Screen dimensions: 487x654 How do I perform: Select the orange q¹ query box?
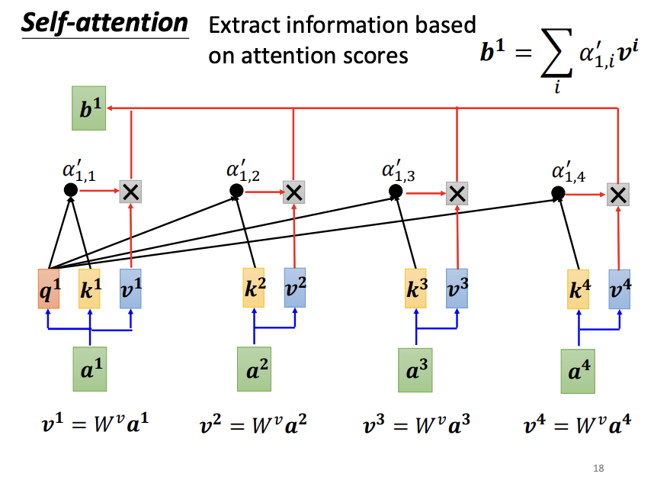[x=49, y=289]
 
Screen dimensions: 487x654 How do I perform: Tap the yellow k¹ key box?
[x=90, y=289]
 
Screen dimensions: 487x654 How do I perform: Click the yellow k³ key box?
[x=416, y=289]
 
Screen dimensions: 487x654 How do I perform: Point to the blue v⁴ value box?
[x=619, y=289]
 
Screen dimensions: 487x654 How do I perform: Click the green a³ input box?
[x=416, y=370]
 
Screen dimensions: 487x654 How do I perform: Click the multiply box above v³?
[x=457, y=193]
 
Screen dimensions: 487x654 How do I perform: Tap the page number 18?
[x=598, y=468]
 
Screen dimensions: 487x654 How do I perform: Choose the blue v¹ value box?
[x=130, y=289]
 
